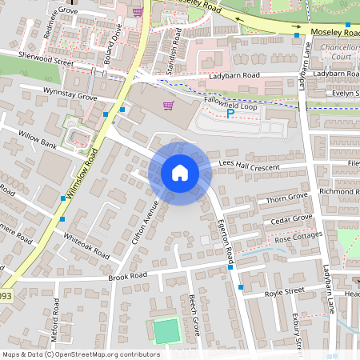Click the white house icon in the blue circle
[180, 173]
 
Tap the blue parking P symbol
[230, 114]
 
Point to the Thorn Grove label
[287, 196]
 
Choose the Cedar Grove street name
[290, 218]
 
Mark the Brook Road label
[128, 276]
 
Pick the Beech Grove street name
[194, 315]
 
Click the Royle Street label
[284, 291]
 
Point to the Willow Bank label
[38, 142]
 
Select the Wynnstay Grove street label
[70, 95]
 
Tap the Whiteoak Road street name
[86, 245]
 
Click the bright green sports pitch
[166, 331]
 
